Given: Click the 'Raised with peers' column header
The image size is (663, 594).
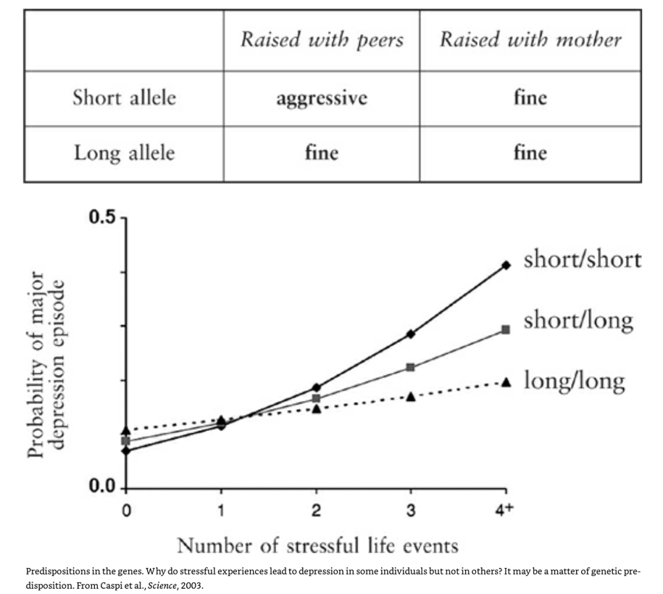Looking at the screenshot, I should point(321,39).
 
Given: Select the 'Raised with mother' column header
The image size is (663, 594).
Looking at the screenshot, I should point(530,39).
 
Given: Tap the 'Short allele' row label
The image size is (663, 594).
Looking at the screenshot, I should point(124,98).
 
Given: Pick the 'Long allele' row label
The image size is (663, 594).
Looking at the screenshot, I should point(124,153).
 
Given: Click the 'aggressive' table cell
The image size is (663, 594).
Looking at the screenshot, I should point(321,98).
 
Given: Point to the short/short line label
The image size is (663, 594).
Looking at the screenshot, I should point(583,260).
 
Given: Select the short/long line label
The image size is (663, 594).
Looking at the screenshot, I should point(578,320).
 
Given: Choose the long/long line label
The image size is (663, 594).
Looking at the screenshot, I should point(574,380).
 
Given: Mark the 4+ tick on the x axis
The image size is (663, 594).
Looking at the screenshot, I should point(504,510).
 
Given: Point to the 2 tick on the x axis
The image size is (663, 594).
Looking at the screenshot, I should point(317,511).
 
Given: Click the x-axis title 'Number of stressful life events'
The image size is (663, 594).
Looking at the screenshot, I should point(317,544).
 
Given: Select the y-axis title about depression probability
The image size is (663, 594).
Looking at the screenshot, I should point(47,365).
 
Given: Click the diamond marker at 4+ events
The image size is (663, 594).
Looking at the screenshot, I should point(506,265).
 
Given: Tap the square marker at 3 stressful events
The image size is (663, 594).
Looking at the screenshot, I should point(411,368).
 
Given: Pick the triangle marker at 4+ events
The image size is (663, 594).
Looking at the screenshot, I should point(506,381).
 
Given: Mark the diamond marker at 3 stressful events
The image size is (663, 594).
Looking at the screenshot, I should point(411,334).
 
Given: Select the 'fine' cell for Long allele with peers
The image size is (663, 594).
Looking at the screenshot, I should point(321,153).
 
